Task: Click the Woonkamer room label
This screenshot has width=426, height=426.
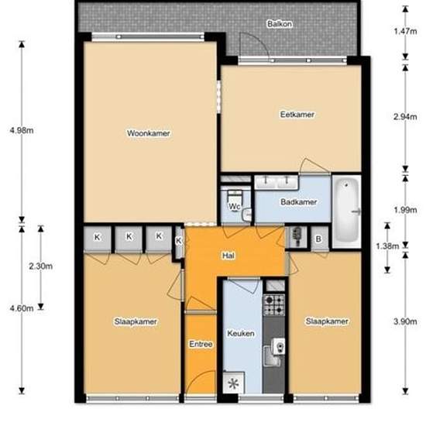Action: point(149,133)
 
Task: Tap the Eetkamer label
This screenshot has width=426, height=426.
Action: point(297,115)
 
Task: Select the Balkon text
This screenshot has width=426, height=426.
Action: point(280,24)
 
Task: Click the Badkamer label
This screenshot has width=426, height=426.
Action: point(298,202)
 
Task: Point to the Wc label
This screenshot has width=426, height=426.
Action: point(234,207)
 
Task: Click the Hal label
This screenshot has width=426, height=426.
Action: point(228,256)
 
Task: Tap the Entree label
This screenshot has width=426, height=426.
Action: point(201,344)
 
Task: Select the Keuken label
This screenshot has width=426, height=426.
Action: point(241,333)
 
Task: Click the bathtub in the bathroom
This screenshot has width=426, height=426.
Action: point(347,211)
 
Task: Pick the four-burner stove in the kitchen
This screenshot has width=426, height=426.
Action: point(274,305)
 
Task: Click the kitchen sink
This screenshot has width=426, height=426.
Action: point(274,352)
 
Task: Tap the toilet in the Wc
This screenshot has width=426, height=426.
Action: point(235,197)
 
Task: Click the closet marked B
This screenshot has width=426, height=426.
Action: point(319,239)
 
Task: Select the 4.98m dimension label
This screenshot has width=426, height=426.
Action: point(22,130)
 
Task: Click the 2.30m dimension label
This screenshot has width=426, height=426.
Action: point(41,266)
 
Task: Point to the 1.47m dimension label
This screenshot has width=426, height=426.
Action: point(405,31)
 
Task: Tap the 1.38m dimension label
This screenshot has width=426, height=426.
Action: point(387,246)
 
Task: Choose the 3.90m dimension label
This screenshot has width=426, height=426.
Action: point(405,321)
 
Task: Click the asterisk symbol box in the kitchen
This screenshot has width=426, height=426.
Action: point(233,383)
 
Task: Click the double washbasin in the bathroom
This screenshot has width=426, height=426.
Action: point(277,182)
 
